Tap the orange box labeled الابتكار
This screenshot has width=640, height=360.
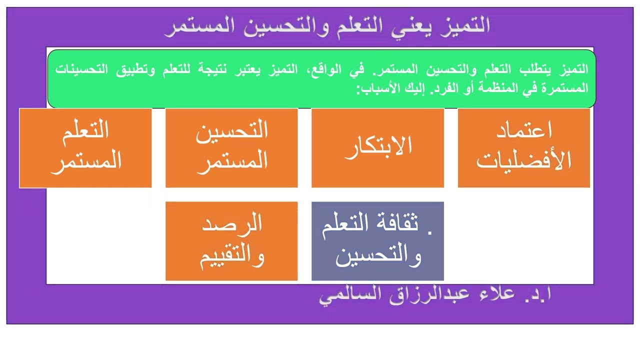(x=377, y=148)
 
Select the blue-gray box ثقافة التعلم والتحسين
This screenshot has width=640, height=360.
(x=377, y=241)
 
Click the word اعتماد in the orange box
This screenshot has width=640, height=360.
(x=523, y=131)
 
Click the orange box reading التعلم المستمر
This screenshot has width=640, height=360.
(x=85, y=148)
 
